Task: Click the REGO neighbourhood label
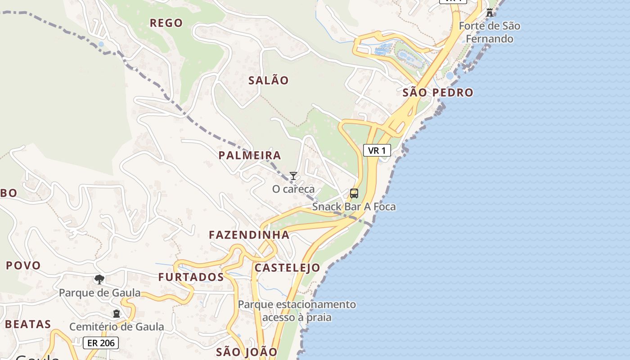pyautogui.click(x=166, y=23)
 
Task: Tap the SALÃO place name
pyautogui.click(x=269, y=81)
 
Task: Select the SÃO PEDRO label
pyautogui.click(x=438, y=93)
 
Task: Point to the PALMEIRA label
pyautogui.click(x=250, y=156)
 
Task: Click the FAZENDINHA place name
pyautogui.click(x=249, y=235)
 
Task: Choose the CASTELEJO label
pyautogui.click(x=288, y=268)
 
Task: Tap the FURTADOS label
pyautogui.click(x=191, y=277)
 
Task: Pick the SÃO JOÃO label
pyautogui.click(x=247, y=351)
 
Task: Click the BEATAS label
pyautogui.click(x=28, y=324)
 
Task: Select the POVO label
pyautogui.click(x=23, y=265)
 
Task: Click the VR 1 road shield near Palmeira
pyautogui.click(x=377, y=151)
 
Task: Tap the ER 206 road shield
pyautogui.click(x=101, y=343)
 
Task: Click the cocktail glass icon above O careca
pyautogui.click(x=293, y=176)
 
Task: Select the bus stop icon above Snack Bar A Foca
pyautogui.click(x=354, y=193)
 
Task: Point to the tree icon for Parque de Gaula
pyautogui.click(x=99, y=279)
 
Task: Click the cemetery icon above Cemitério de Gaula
pyautogui.click(x=117, y=314)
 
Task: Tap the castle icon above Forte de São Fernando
pyautogui.click(x=490, y=12)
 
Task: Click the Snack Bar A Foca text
pyautogui.click(x=354, y=207)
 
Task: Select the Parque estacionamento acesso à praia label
pyautogui.click(x=297, y=311)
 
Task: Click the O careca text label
pyautogui.click(x=293, y=189)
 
